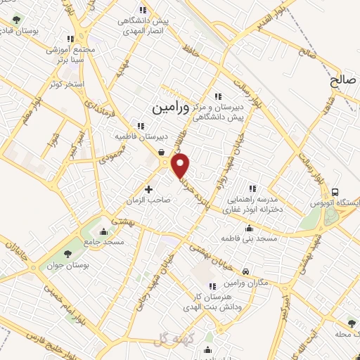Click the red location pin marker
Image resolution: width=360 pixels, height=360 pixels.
pos(181,166)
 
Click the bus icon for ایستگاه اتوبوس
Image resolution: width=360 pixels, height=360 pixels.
pos(336,192)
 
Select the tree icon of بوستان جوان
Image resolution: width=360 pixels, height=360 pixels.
pos(67,254)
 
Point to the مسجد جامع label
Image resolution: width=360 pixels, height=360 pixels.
pos(103,241)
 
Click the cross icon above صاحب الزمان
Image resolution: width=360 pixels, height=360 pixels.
pos(148,188)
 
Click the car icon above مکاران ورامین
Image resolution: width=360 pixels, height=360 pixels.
pos(245,271)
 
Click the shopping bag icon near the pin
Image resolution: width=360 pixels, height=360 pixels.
pos(162,152)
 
